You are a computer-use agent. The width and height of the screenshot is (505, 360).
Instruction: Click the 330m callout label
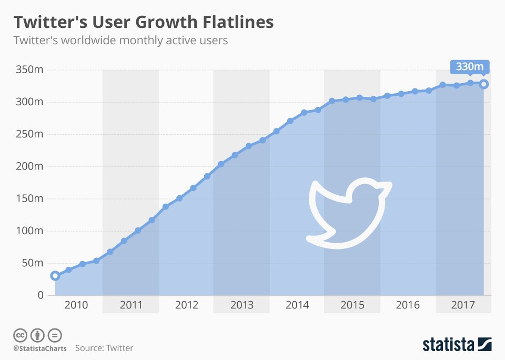[x=470, y=67]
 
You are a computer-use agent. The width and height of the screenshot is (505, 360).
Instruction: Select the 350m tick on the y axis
[x=29, y=69]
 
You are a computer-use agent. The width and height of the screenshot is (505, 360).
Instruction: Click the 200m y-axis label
[x=29, y=166]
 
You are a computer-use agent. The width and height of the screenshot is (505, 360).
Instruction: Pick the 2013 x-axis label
[x=241, y=305]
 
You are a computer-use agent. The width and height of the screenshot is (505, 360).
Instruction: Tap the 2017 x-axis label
[x=463, y=305]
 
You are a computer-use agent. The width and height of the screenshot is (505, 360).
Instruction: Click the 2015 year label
[x=352, y=305]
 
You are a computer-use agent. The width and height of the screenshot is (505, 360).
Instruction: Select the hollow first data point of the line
[x=55, y=276]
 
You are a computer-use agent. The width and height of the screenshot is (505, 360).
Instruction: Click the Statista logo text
[x=448, y=345]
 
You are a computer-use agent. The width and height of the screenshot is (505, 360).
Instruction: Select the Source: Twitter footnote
[x=104, y=348]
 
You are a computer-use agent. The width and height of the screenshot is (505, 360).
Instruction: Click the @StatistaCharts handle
[x=41, y=348]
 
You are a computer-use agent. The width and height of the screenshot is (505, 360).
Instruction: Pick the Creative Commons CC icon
[x=21, y=335]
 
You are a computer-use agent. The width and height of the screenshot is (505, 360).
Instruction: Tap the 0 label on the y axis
[x=40, y=295]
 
